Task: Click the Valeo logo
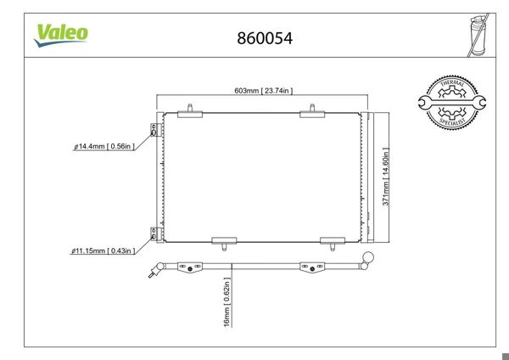click(x=60, y=33)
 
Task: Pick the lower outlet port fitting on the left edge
click(x=154, y=233)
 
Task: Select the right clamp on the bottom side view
click(x=311, y=268)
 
